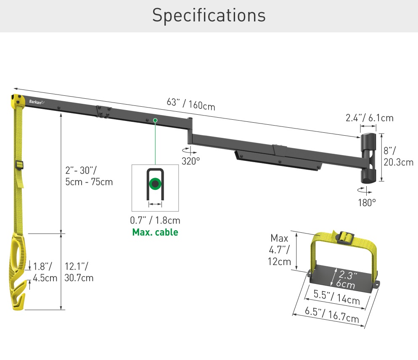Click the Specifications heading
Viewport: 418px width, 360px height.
point(209,16)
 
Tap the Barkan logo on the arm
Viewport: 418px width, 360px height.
point(37,101)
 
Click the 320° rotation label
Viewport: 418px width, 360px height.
point(190,161)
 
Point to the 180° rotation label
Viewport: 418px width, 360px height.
point(367,202)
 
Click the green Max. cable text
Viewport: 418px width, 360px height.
point(155,232)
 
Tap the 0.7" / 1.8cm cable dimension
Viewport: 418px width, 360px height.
point(155,220)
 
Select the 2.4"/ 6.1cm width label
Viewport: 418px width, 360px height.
point(369,118)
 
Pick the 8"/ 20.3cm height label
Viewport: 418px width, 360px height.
point(398,156)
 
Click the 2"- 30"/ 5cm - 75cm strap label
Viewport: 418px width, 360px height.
point(89,176)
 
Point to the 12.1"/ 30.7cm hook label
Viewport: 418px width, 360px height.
point(79,272)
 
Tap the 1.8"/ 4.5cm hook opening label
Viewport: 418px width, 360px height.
point(45,272)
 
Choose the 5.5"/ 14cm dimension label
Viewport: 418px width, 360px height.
point(337,297)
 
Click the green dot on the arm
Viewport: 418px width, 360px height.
point(155,120)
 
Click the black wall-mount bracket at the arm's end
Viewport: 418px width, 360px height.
point(368,158)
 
